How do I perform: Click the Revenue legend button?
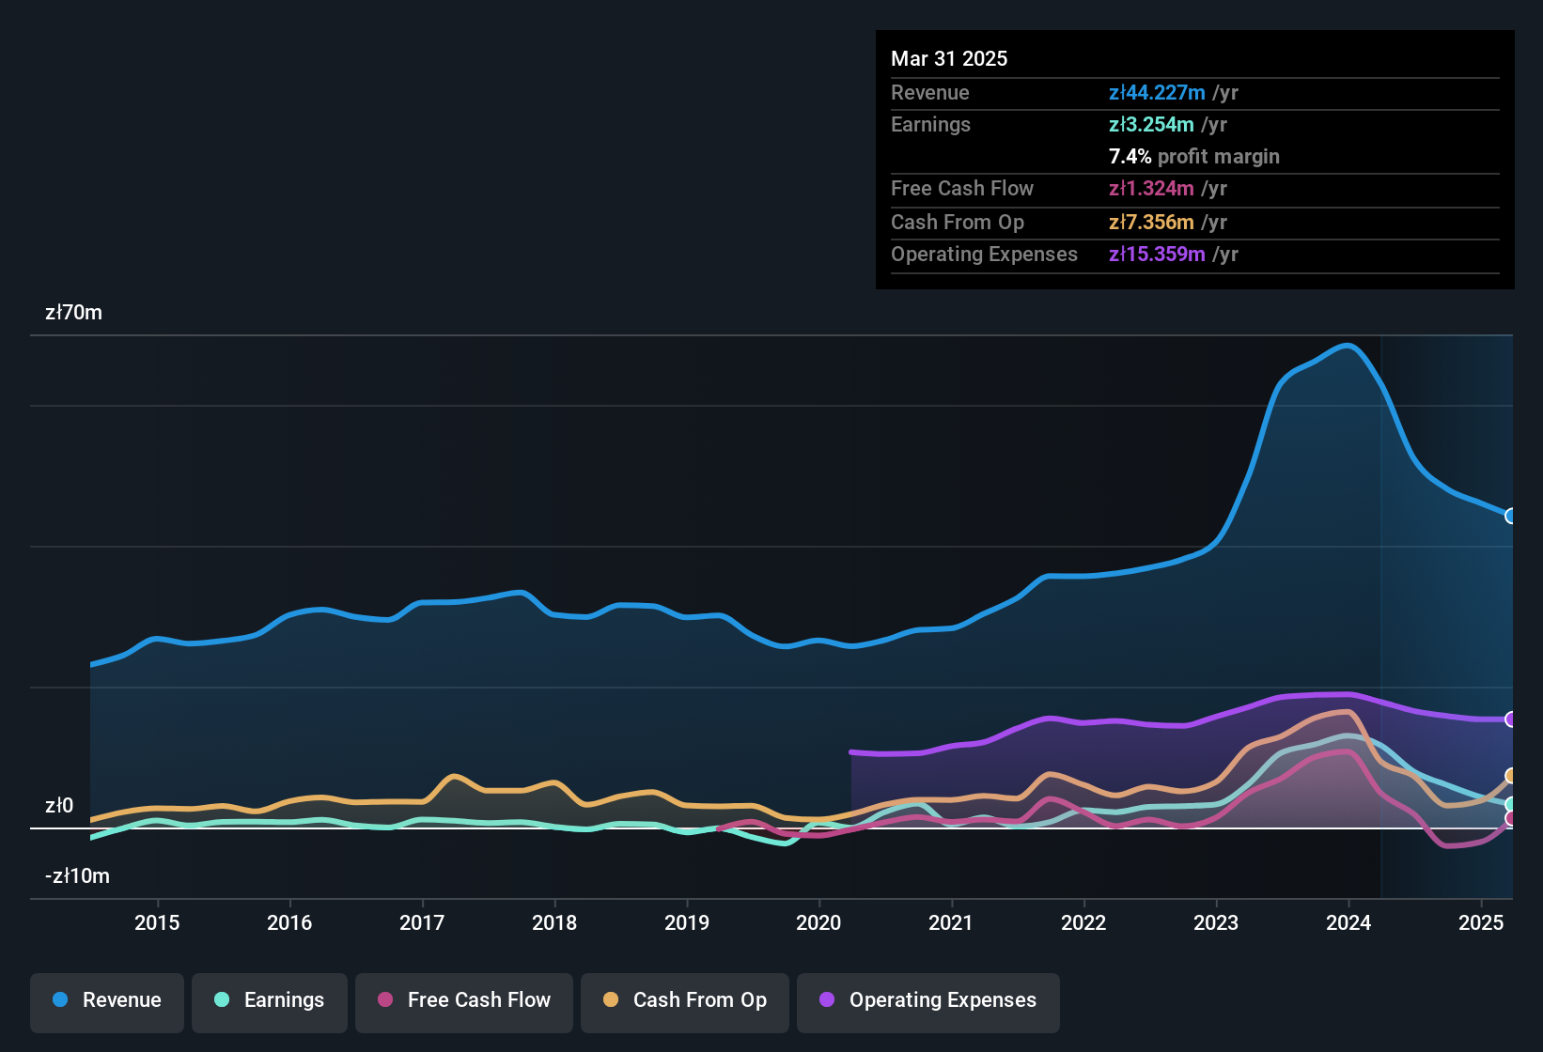coord(107,1000)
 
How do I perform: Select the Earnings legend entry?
coord(270,1000)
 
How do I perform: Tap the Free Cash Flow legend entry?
coord(464,1000)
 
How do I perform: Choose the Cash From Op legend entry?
coord(685,1000)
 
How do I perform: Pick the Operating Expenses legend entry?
coord(928,1000)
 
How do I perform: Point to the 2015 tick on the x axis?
coord(157,922)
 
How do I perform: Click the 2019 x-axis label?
coord(687,922)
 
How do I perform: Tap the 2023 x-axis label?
coord(1216,922)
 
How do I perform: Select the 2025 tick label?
coord(1481,922)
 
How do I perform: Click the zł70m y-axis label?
coord(73,313)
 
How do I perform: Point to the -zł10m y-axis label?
coord(77,876)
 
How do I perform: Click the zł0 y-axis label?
coord(59,806)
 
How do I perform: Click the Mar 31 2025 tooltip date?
coord(949,58)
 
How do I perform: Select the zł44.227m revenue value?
coord(1157,92)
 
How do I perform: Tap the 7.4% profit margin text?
coord(1193,156)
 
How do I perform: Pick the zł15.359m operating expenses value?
coord(1157,255)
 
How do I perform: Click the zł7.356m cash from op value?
coord(1151,223)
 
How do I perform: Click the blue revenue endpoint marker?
coord(1511,516)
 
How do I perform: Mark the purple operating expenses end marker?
coord(1511,719)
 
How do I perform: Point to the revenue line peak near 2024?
coord(1348,346)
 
